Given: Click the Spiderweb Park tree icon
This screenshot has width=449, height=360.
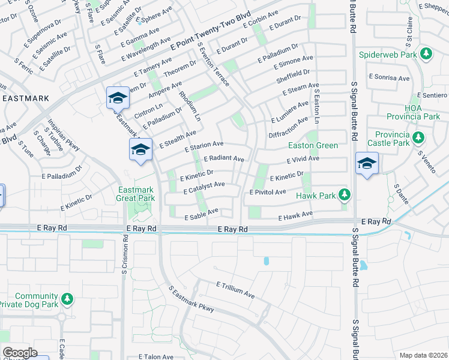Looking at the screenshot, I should coord(426,55).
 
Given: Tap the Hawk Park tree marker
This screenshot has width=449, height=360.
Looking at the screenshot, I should coord(344,195).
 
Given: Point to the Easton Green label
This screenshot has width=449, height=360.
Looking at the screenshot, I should coord(313,145).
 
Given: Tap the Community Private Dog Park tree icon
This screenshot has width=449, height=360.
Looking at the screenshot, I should coord(67,298).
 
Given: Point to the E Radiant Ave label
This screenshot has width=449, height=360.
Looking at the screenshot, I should coord(224,159).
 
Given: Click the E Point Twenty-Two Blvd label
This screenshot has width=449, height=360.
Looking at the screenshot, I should coord(210,34).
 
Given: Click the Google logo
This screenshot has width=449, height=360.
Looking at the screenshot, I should coord(20,352).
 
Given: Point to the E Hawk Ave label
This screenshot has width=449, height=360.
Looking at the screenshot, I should coord(295,214).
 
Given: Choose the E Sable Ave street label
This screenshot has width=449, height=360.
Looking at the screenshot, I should coord(202,214).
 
